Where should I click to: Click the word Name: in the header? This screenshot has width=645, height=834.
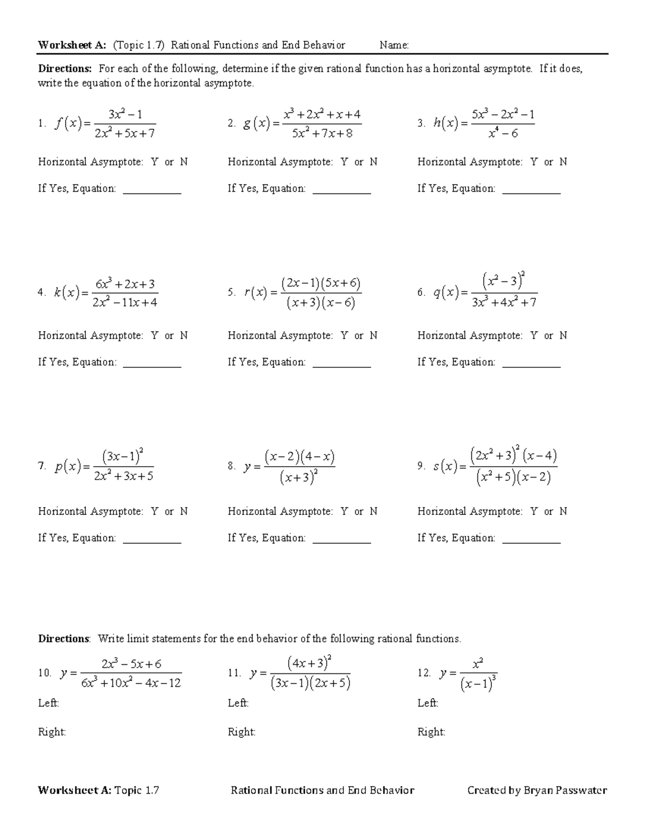click(394, 45)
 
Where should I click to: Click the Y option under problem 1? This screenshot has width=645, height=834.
click(155, 162)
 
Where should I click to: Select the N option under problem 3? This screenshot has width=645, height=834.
click(563, 162)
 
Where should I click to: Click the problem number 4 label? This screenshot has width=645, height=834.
click(41, 293)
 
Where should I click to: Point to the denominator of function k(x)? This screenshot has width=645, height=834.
click(125, 302)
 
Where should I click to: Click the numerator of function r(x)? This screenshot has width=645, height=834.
click(321, 284)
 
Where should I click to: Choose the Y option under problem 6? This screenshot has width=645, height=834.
click(534, 336)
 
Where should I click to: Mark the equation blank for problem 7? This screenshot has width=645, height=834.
click(152, 540)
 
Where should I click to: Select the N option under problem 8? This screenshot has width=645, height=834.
click(373, 512)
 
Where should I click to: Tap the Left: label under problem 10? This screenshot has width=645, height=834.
click(48, 703)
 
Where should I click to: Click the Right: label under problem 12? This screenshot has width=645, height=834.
click(431, 732)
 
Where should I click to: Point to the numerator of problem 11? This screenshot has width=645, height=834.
click(309, 663)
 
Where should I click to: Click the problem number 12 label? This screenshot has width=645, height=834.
click(424, 673)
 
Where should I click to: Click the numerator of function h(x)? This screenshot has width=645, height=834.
click(503, 115)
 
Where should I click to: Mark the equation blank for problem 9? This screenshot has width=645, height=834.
click(531, 540)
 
